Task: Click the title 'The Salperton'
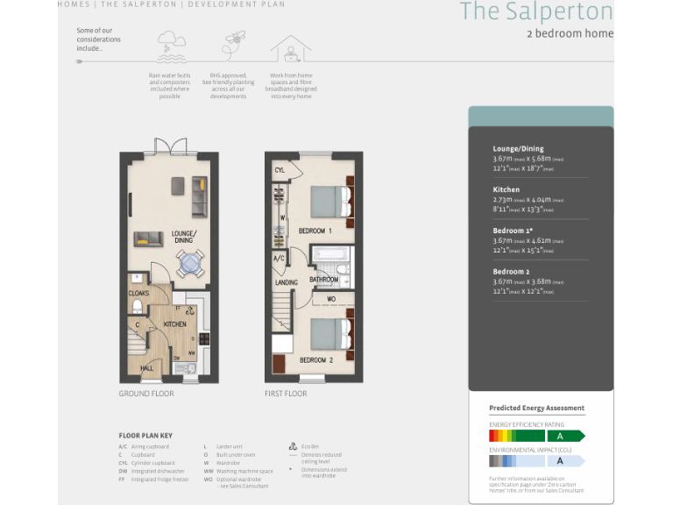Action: point(536,11)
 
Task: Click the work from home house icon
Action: point(290,47)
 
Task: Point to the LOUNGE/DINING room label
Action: point(183,237)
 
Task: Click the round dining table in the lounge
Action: point(190,263)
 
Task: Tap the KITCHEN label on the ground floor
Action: point(174,324)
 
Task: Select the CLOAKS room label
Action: point(138,294)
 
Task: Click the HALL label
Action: point(146,368)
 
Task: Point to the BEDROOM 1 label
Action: point(315,231)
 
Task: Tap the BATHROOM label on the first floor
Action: point(323,281)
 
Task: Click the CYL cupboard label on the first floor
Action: point(280,170)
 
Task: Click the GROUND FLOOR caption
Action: point(146,394)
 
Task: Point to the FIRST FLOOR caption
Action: point(286,394)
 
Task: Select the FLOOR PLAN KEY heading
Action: point(145,435)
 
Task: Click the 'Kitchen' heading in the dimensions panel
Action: point(507,189)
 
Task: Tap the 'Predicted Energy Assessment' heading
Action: point(536,409)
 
